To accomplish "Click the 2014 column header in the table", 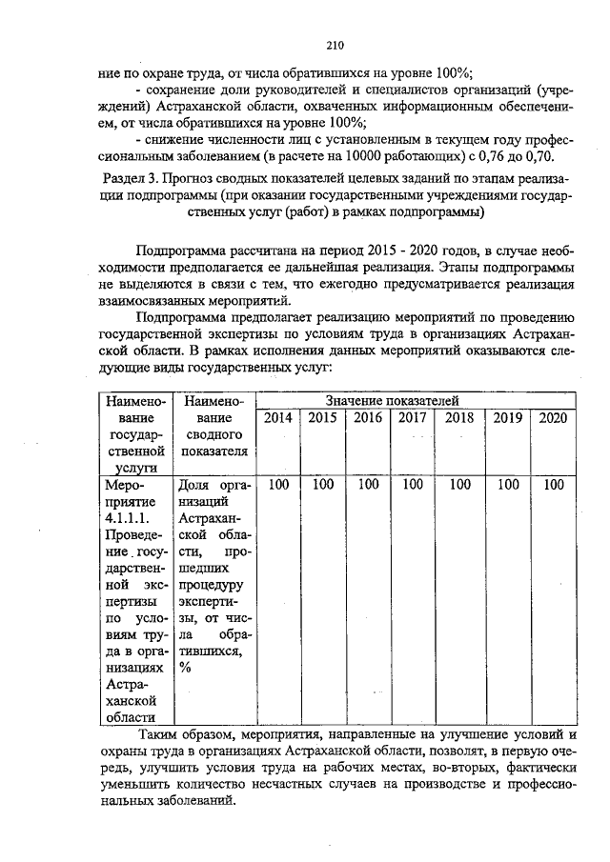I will click(x=278, y=417).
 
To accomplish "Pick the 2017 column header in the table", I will click(x=412, y=417).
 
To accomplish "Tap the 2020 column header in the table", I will click(x=554, y=417).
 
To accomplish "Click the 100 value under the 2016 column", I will click(x=368, y=485).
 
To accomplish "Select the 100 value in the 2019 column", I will click(x=507, y=485).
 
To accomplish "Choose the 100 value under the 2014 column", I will click(x=278, y=485).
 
